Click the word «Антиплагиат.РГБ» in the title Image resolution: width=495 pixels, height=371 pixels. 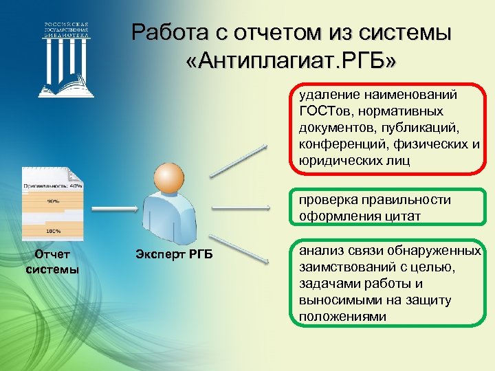coord(291,63)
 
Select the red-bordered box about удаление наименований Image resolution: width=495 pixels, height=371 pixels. coord(388,127)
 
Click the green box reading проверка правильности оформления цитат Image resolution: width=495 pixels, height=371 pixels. coord(388,208)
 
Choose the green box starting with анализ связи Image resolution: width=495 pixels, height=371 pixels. coord(388,283)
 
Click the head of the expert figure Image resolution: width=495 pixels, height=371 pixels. coord(168,178)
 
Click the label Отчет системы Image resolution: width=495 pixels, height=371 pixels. coord(52,262)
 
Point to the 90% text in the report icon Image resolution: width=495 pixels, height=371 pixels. coord(52,201)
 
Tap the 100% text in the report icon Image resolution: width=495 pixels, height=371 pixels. coord(53,231)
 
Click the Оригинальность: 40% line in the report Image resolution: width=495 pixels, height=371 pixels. coord(53,185)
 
